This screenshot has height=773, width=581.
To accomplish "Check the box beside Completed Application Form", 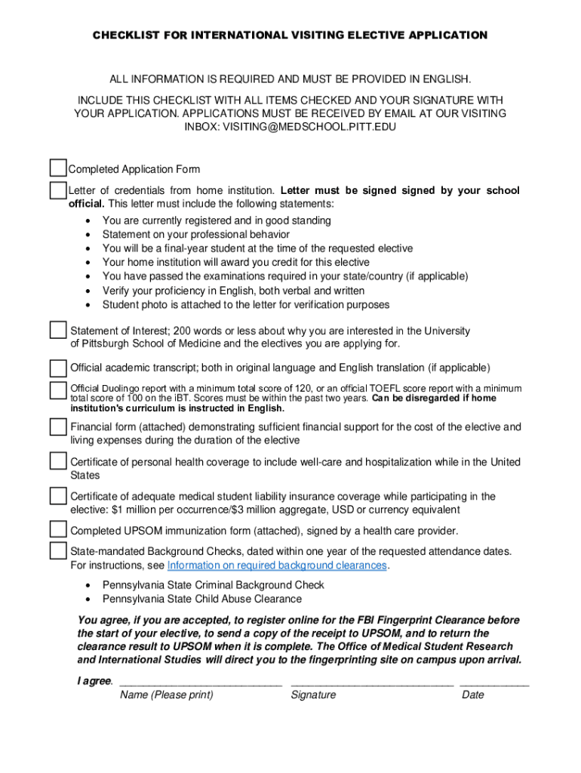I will tap(58, 168).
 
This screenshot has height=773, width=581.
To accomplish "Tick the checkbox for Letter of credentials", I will tap(58, 189).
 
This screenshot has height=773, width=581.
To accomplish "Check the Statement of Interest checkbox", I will tap(58, 330).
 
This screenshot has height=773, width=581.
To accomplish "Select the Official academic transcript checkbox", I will tap(58, 368).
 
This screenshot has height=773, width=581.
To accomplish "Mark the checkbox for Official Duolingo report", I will tap(58, 390).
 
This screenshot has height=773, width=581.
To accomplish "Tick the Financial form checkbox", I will tap(58, 427).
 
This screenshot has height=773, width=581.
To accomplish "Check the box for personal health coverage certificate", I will tap(58, 460).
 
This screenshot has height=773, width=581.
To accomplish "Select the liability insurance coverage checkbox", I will tap(58, 496).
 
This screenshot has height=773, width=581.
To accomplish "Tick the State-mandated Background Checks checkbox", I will tap(58, 550).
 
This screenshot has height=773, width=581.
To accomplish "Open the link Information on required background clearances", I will tap(277, 565).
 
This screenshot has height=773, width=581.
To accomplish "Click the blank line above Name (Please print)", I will tap(201, 683).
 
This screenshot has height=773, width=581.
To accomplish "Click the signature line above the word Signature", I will tap(372, 683).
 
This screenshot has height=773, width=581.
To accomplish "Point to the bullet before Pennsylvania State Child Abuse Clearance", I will tap(89, 599).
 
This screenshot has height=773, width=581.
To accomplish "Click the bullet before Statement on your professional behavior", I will tap(89, 235).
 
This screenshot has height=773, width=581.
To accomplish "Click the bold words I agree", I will tap(94, 681).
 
